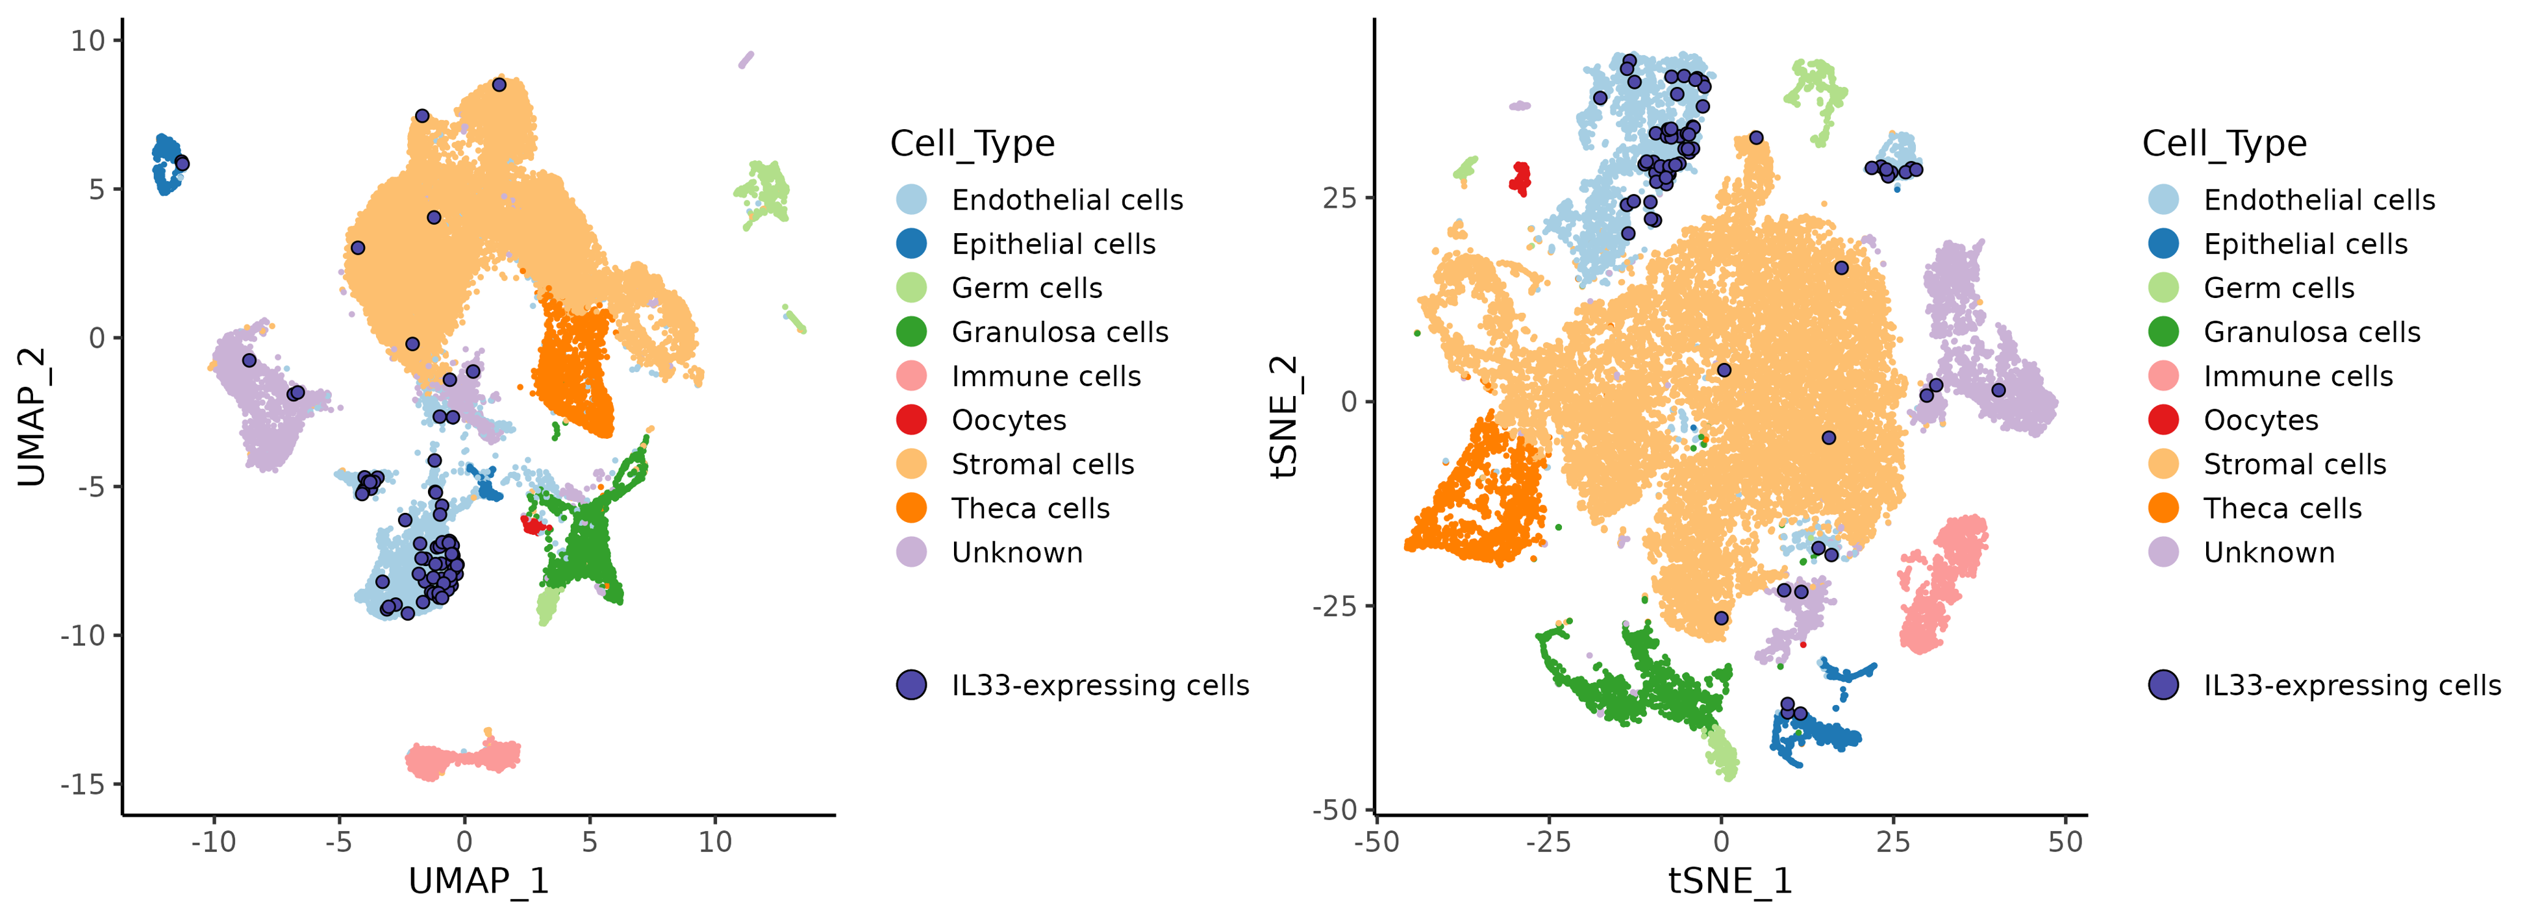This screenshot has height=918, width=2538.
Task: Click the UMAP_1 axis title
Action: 478,880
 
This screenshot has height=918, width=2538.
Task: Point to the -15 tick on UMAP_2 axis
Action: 82,784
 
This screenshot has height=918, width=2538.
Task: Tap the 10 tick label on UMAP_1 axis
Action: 715,842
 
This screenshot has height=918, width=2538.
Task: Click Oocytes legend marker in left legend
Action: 911,419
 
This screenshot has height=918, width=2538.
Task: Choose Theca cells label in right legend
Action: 2282,508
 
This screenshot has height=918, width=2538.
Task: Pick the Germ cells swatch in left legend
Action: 911,288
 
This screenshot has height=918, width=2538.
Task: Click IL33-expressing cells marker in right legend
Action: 2164,684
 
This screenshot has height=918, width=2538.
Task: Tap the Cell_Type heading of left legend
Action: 972,144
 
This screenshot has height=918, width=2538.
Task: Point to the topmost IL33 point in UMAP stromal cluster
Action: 499,84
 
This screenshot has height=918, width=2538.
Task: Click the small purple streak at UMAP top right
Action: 746,60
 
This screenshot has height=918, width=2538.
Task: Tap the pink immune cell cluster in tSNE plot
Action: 1941,586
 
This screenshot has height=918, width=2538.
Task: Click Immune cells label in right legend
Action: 2298,377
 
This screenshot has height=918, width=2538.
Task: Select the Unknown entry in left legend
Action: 1017,552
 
